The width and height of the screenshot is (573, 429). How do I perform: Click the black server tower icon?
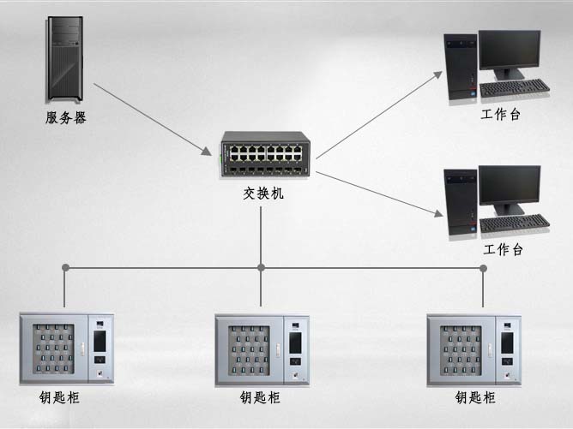click(64, 60)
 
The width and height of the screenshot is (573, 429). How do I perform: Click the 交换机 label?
click(262, 194)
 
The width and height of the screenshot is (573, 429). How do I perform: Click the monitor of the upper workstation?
click(510, 53)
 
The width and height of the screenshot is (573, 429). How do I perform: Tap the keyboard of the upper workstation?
click(515, 88)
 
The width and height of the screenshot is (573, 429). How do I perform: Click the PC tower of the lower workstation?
click(461, 205)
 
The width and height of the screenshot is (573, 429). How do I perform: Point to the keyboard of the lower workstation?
click(515, 223)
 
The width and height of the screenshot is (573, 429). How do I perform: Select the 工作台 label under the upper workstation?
click(502, 114)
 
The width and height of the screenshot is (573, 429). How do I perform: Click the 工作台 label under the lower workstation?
click(504, 250)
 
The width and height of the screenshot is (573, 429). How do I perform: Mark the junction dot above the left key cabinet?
click(66, 268)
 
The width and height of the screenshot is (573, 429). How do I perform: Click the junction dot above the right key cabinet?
click(483, 268)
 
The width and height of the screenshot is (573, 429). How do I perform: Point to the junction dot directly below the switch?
click(262, 268)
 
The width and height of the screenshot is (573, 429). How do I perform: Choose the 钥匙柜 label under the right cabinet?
click(475, 398)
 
